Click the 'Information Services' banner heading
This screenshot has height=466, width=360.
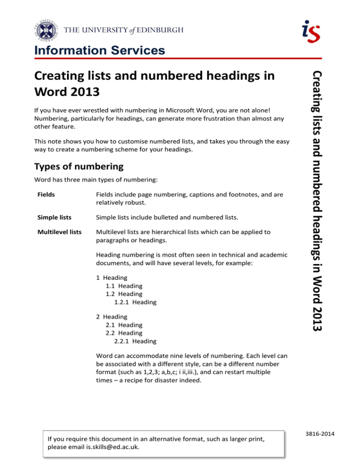pyautogui.click(x=99, y=50)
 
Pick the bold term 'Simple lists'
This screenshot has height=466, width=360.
pyautogui.click(x=51, y=217)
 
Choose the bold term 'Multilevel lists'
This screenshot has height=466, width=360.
pyautogui.click(x=56, y=232)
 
